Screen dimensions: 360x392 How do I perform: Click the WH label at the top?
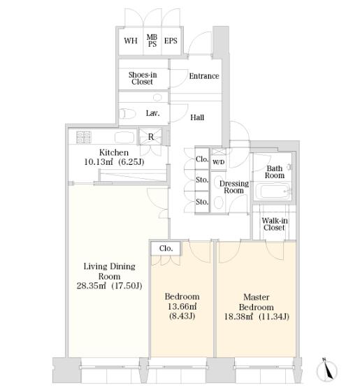point(131,41)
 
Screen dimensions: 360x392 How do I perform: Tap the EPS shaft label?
point(171,41)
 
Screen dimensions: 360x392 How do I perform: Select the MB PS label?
point(152,41)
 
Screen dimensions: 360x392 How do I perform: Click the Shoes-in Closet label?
point(143,78)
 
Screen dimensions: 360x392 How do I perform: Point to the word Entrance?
point(204,76)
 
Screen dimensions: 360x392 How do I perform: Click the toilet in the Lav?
point(127,114)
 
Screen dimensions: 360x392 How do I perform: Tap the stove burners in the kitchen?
point(84,137)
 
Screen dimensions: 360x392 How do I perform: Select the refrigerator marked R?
point(151,137)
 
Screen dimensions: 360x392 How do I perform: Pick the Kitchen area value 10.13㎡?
point(99,162)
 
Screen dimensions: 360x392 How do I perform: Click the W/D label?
point(218,162)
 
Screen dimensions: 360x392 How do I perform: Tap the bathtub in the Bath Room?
point(273,191)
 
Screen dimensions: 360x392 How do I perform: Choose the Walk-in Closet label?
point(275,224)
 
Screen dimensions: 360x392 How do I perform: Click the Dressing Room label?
point(234,187)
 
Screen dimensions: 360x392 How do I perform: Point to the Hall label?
point(197,117)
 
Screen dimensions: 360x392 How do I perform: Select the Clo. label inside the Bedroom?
point(166,248)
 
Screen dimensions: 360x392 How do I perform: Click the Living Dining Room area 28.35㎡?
point(92,286)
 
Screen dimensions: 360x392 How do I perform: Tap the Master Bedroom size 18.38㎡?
point(238,317)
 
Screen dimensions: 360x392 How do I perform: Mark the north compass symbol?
point(326,370)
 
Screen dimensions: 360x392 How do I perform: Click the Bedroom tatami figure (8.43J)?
point(182,317)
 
